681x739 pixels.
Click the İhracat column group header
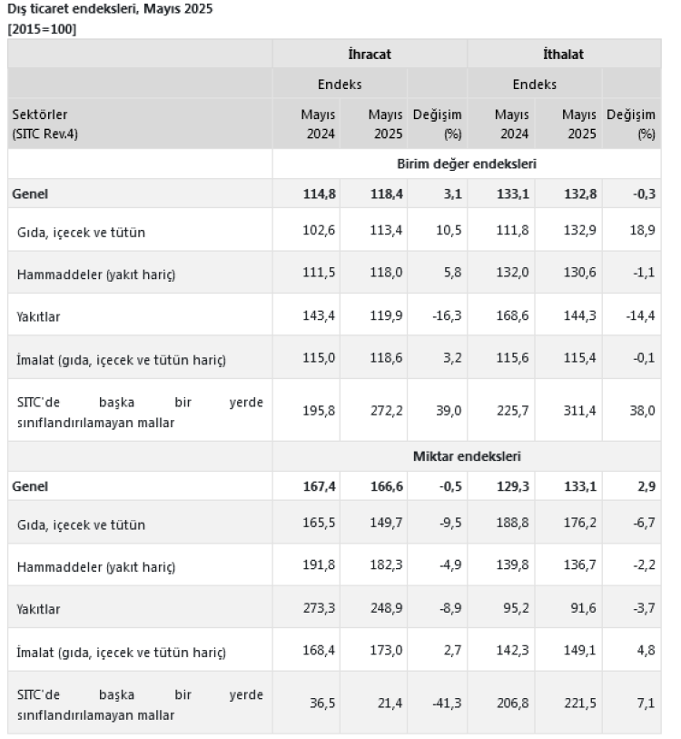[x=370, y=55]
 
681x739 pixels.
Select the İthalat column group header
[x=563, y=55]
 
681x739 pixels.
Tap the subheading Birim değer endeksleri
[x=466, y=165]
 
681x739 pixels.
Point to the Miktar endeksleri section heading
[x=466, y=456]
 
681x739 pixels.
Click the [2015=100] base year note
[x=42, y=29]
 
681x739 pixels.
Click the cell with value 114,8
[x=319, y=194]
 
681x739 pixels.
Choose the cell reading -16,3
[x=444, y=316]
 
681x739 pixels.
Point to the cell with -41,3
[x=444, y=702]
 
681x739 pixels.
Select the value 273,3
[x=319, y=608]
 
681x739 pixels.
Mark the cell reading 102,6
[x=319, y=232]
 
